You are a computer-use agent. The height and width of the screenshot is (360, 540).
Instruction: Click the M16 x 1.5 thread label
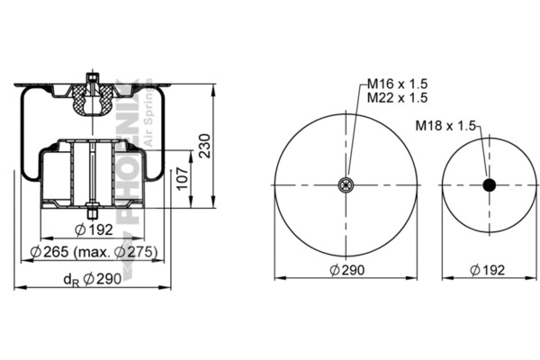(397, 84)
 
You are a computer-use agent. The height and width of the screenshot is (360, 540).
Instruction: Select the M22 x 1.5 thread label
(397, 97)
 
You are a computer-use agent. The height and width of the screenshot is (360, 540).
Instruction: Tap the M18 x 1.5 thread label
(445, 125)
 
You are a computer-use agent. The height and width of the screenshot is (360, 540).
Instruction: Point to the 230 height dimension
(205, 146)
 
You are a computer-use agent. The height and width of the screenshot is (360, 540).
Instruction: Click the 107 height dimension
(183, 178)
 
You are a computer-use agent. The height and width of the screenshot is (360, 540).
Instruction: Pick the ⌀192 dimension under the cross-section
(94, 229)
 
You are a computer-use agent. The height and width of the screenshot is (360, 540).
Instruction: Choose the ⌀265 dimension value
(49, 252)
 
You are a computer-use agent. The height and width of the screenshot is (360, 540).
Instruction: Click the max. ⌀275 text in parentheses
(116, 252)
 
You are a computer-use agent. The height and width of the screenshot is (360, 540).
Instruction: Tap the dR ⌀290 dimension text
(93, 279)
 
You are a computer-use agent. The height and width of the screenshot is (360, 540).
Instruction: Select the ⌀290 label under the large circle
(347, 270)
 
